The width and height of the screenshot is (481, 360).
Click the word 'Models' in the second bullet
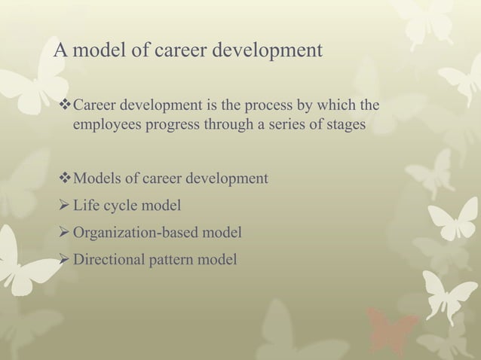coord(95,178)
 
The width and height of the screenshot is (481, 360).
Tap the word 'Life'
coord(87,206)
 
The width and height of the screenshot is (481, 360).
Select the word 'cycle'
coord(122,206)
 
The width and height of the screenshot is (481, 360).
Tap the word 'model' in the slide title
coord(97,51)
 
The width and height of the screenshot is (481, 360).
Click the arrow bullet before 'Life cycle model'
coord(63,206)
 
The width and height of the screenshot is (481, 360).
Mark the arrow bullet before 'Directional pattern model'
coord(63,260)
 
